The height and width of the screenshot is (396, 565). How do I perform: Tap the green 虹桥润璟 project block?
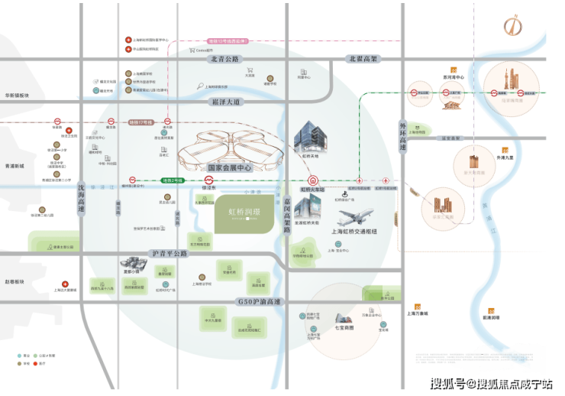coord(238,209)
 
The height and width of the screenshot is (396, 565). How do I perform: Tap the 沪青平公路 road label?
coord(170,253)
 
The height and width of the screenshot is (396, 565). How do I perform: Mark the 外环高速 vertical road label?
coord(403,128)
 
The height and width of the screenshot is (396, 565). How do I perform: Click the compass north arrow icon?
coord(511,25)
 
